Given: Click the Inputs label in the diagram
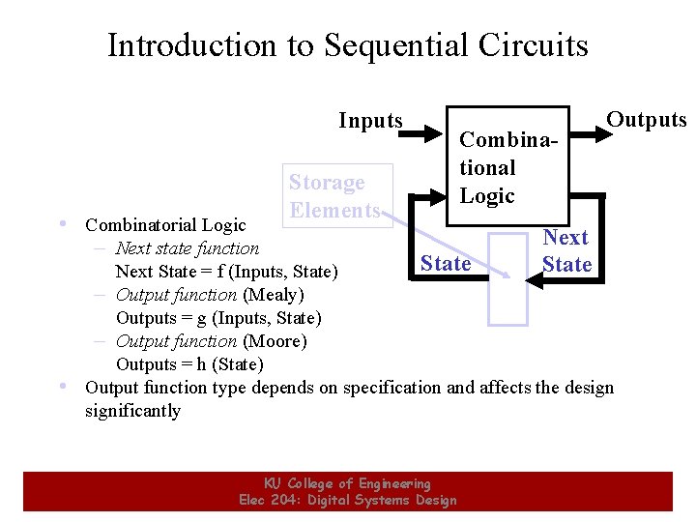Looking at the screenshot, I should [x=370, y=121].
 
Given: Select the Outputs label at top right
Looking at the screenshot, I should [x=646, y=120].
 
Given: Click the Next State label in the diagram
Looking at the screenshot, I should [x=566, y=250].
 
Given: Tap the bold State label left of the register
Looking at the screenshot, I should [x=446, y=263].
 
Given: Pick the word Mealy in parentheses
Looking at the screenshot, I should [x=273, y=295].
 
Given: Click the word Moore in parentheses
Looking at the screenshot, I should [x=275, y=341].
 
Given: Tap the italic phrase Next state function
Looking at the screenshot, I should [x=187, y=248].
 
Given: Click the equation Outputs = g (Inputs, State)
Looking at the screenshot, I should [x=218, y=318].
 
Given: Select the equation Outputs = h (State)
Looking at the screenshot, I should [x=189, y=364].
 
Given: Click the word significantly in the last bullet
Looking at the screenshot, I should [x=132, y=411].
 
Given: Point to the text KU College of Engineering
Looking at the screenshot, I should [x=347, y=483].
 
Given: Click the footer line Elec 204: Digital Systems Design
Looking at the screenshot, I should [x=347, y=500].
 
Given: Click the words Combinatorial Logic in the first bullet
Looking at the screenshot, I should [x=165, y=225].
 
